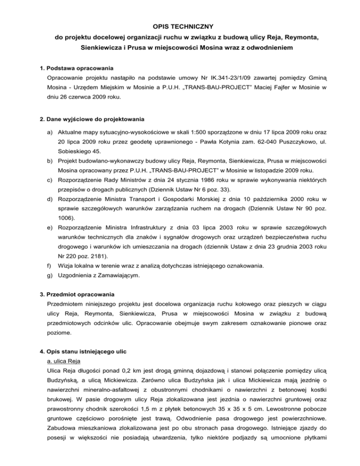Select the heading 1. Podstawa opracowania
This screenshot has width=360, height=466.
[x=76, y=68]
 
